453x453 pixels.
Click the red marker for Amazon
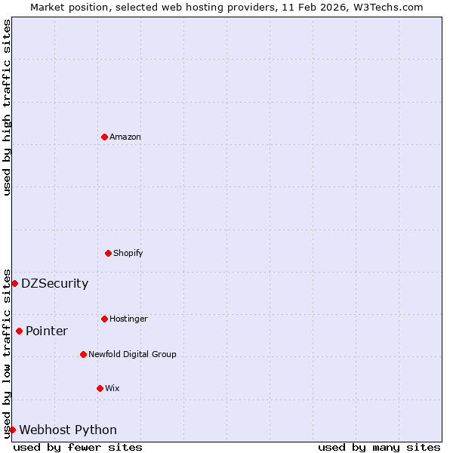104,137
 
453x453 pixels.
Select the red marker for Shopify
108,253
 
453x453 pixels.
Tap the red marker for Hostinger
104,319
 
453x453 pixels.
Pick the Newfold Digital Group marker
83,354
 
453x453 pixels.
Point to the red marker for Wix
100,388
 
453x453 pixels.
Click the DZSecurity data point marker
14,283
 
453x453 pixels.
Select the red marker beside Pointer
19,331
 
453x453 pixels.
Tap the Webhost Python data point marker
12,430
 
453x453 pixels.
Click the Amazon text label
125,137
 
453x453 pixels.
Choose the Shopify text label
128,253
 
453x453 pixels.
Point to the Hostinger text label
128,319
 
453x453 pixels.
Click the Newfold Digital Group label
132,354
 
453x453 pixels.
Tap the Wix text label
112,388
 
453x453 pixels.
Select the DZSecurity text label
54,284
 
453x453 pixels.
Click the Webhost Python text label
68,430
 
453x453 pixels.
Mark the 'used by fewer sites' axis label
78,447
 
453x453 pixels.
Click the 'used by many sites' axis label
379,447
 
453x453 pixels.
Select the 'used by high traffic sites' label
7,107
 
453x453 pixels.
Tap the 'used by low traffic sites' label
7,353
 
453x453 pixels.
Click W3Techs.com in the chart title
391,7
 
